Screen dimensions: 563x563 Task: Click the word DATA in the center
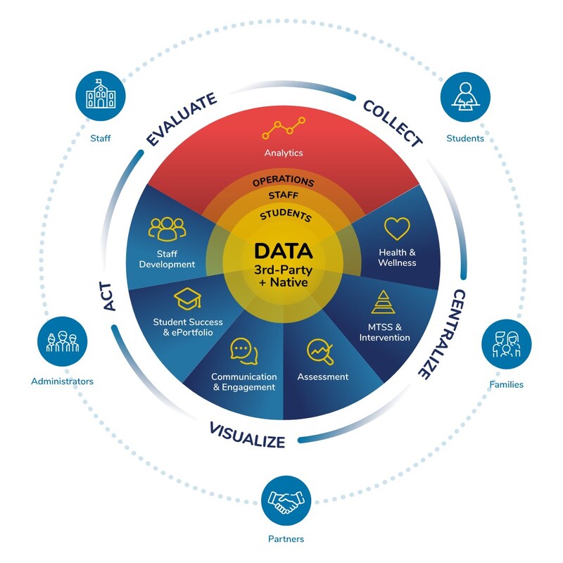(x=284, y=251)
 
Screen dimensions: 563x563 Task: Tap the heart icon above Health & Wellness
(x=397, y=229)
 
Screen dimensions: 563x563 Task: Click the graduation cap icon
(x=187, y=299)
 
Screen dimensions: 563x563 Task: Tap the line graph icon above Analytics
(x=284, y=129)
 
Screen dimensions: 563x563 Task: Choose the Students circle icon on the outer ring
(x=465, y=96)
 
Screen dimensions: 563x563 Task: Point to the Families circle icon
(x=506, y=344)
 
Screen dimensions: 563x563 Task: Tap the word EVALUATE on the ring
(x=181, y=120)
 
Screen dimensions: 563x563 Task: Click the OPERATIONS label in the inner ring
(x=284, y=182)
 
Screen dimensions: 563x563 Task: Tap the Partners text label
(x=286, y=539)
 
